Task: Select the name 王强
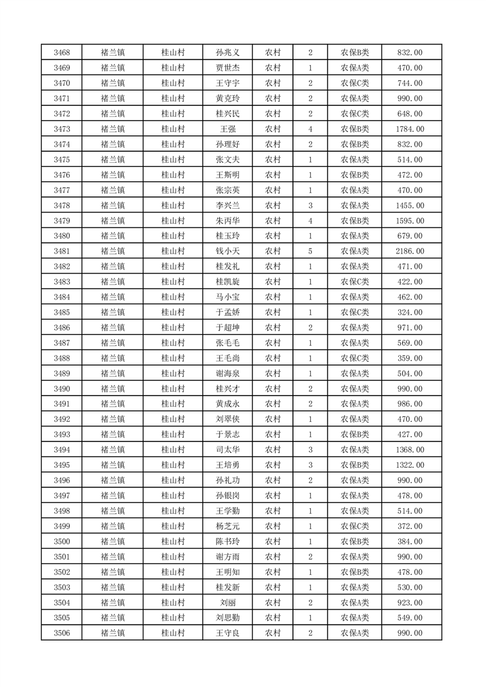point(227,129)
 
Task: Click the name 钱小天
point(227,251)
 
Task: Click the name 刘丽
point(227,603)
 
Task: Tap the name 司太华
point(227,450)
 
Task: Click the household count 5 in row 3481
point(311,251)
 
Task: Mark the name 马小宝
point(227,297)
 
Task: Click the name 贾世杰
point(227,68)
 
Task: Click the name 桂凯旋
point(227,282)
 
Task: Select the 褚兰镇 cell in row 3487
point(113,343)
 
